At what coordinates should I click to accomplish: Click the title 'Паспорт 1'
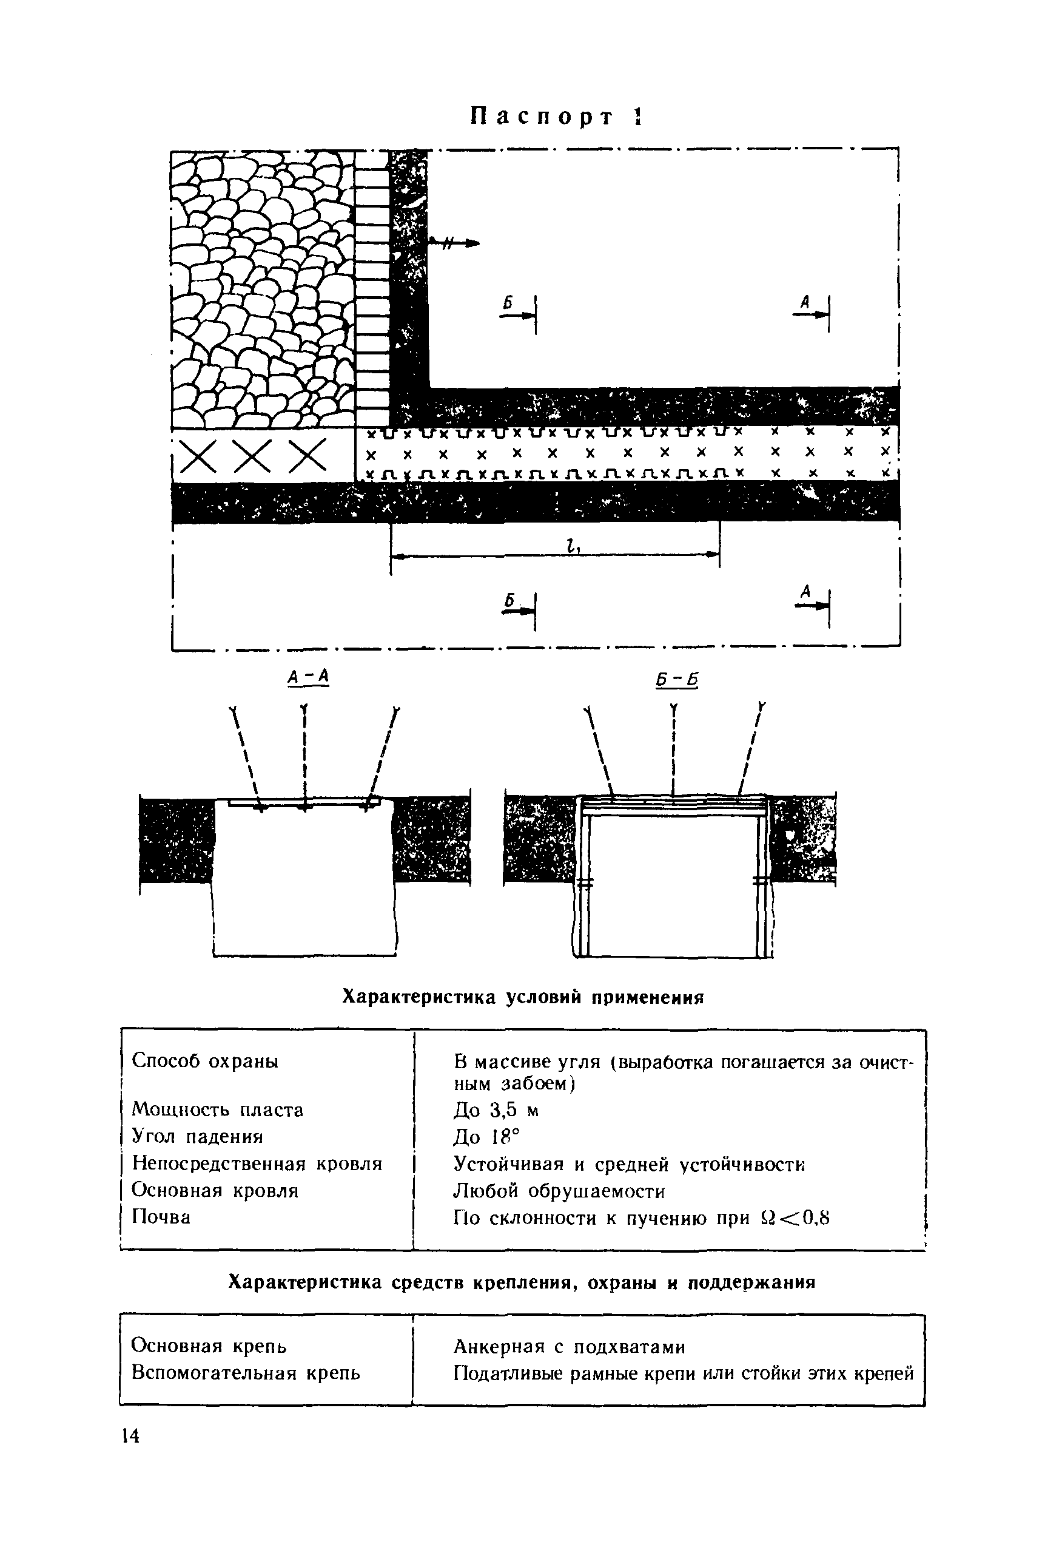coord(557,117)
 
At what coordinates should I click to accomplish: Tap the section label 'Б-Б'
coord(677,680)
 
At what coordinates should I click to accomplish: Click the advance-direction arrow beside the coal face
coord(454,243)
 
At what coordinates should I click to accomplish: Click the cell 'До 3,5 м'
coord(496,1110)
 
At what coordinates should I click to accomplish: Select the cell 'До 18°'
coord(486,1137)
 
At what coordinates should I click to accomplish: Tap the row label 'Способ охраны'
coord(204,1061)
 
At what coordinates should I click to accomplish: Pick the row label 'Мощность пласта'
coord(217,1109)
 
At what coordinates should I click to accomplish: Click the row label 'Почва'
coord(161,1217)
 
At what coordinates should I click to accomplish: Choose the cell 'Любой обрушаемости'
coord(559,1191)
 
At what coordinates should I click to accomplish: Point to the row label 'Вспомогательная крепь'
coord(245,1373)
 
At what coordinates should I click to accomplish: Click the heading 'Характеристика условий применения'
coord(522,997)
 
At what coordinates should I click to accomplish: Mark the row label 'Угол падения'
coord(197,1137)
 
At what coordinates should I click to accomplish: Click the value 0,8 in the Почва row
coord(813,1218)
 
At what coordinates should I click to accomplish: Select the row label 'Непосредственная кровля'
coord(257,1164)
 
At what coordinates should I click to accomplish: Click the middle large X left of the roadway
coord(253,456)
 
